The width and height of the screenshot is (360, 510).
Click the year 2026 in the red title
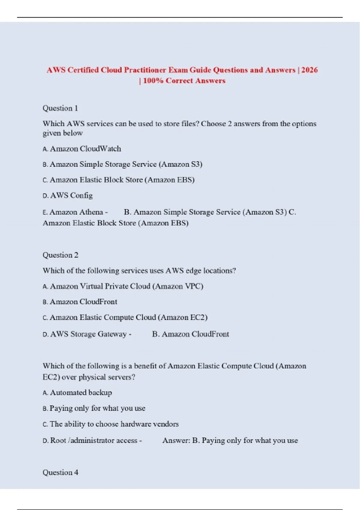point(309,70)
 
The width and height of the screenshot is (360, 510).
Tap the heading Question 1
point(60,108)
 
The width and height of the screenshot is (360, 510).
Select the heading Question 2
point(60,255)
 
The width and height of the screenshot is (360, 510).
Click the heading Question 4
point(60,472)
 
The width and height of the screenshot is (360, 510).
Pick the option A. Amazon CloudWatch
point(82,149)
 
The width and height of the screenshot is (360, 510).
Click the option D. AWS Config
point(68,196)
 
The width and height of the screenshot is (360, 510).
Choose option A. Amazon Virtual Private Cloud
point(123,286)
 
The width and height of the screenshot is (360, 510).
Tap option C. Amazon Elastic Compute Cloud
point(125,317)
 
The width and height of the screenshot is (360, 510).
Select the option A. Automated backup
point(77,393)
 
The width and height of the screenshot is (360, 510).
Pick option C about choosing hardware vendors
point(111,424)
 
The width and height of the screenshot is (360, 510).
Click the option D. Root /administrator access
point(90,440)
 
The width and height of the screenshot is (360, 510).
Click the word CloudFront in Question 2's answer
point(210,334)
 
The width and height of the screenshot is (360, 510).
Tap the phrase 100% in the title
point(153,81)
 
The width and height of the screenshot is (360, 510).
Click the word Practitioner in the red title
point(145,70)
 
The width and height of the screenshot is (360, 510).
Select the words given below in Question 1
point(63,133)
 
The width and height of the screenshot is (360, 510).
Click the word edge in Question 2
point(193,271)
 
